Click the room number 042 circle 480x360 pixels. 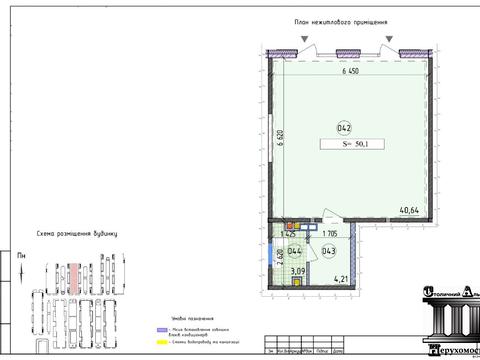343,128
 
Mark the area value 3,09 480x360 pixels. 297,271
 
